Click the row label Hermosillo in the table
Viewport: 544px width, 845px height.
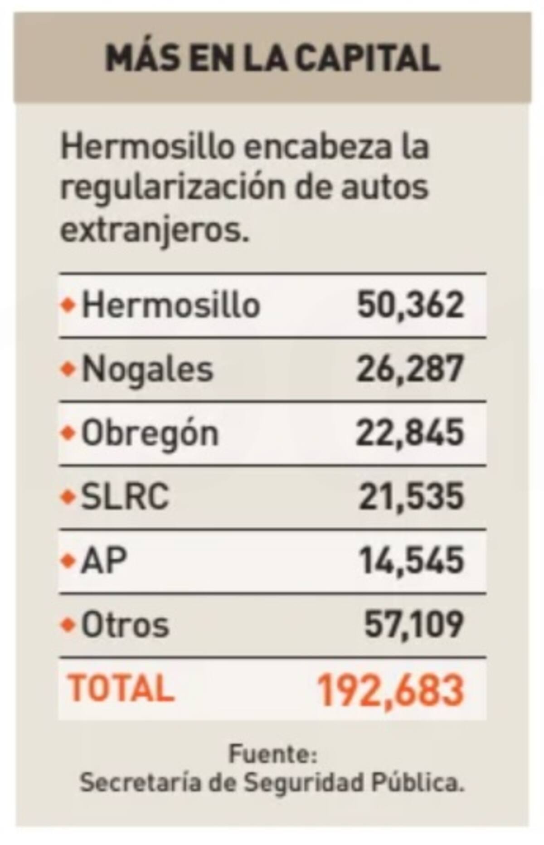(x=170, y=305)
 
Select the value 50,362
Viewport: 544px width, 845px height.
(x=411, y=305)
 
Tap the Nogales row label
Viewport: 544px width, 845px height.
(x=147, y=369)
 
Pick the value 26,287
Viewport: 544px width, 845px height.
(x=410, y=369)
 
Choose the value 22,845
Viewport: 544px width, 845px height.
(x=410, y=433)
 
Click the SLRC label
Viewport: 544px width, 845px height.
(x=125, y=497)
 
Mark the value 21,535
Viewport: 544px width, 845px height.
(x=412, y=497)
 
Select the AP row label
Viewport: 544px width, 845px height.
(x=103, y=561)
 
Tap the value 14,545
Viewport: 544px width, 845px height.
(x=412, y=561)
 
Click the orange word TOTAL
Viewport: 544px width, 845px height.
(x=121, y=688)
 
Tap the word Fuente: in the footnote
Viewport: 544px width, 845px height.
(x=272, y=755)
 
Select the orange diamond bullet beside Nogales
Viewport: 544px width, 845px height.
(x=68, y=369)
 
